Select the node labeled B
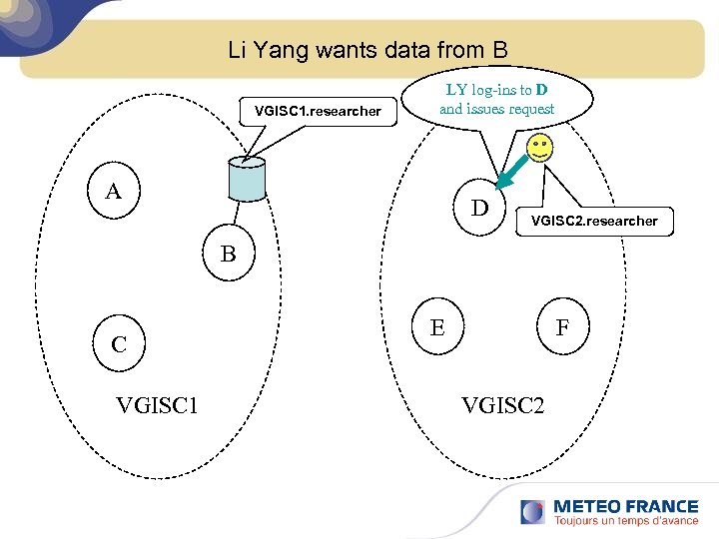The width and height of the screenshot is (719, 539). tap(229, 255)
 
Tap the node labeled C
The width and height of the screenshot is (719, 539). tap(119, 344)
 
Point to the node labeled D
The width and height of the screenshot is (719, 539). tap(480, 209)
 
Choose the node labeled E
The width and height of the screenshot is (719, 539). tap(437, 326)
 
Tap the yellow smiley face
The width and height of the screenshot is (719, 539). tap(539, 153)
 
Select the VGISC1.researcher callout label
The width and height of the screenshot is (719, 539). tap(318, 111)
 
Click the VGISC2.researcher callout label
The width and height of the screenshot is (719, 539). tap(594, 221)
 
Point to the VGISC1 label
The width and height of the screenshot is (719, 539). tap(157, 404)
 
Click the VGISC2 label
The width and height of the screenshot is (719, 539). tap(502, 404)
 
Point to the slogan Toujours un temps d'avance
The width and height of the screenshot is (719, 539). tap(625, 521)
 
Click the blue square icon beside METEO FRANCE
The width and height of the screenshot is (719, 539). tap(532, 510)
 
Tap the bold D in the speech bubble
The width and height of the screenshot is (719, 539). tap(539, 90)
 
